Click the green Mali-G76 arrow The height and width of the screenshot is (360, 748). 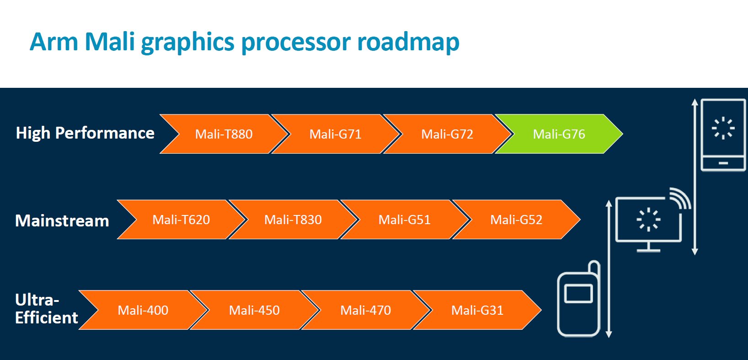click(559, 134)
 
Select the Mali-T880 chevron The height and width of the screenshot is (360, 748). click(224, 134)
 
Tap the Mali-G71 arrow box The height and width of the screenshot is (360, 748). click(335, 134)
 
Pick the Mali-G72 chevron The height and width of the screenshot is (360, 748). click(447, 134)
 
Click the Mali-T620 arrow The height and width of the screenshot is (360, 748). click(181, 220)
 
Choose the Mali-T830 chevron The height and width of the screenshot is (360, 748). click(293, 220)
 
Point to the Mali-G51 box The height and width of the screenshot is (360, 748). click(404, 220)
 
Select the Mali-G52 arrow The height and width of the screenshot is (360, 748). click(516, 220)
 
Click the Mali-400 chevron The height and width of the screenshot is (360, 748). click(143, 310)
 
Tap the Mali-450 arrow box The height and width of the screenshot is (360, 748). click(254, 310)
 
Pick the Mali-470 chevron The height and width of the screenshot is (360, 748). click(366, 310)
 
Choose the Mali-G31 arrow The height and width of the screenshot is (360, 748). click(477, 310)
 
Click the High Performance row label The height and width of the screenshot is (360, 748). click(85, 133)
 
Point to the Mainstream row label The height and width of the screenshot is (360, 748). click(62, 221)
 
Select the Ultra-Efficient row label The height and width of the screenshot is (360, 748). click(46, 309)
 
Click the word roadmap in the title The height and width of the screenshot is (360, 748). click(408, 42)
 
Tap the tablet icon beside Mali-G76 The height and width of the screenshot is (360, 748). click(723, 134)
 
